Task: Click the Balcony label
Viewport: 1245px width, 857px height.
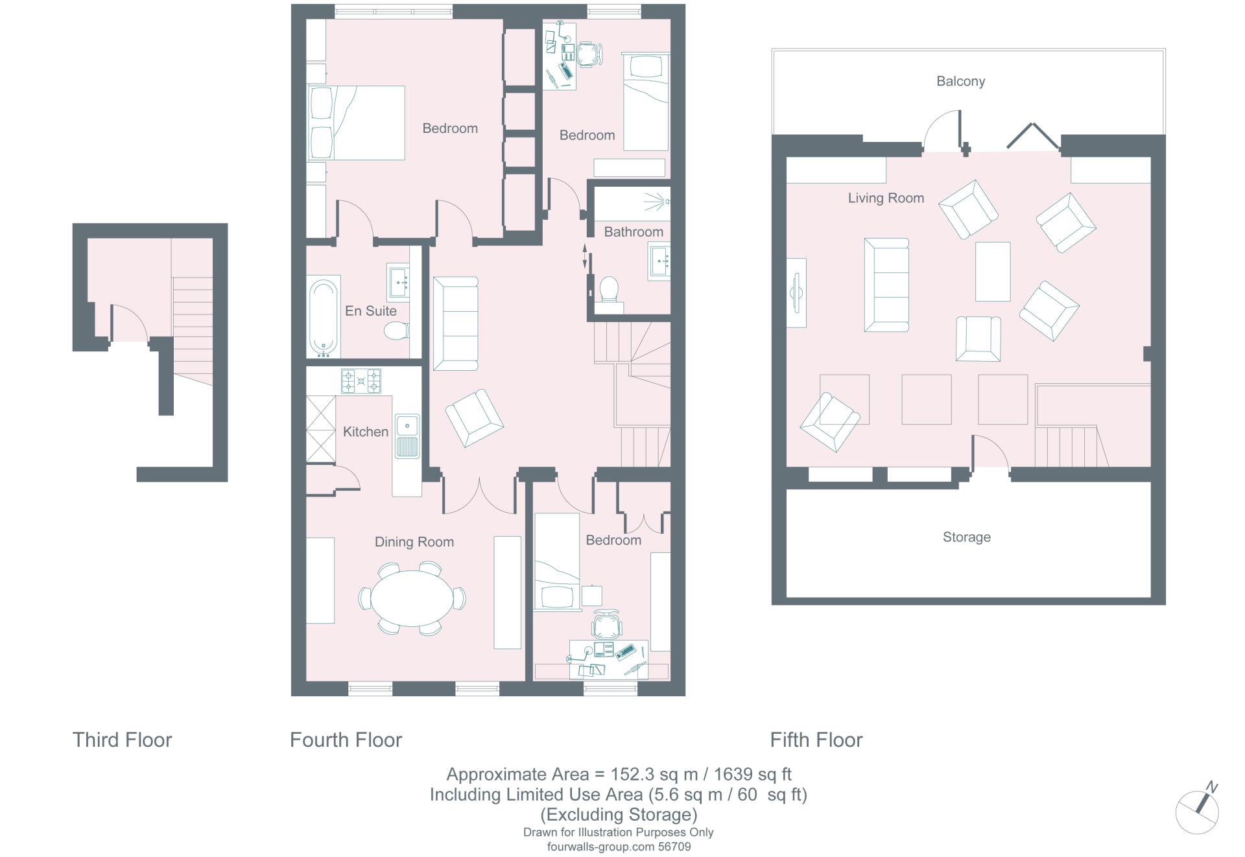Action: [960, 82]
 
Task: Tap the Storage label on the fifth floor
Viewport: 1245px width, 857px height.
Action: [966, 537]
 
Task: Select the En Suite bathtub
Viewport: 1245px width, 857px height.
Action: [323, 318]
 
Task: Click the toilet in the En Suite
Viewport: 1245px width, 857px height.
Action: [396, 332]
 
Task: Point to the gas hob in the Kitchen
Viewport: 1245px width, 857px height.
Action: [361, 381]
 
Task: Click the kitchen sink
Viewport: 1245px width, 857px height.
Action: [407, 436]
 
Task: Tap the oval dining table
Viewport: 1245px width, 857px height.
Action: [412, 598]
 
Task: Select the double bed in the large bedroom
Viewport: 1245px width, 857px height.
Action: [356, 123]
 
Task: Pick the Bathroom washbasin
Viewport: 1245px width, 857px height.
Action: [659, 261]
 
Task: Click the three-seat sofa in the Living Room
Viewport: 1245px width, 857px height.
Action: [886, 285]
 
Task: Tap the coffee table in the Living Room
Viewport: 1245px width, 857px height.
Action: [993, 272]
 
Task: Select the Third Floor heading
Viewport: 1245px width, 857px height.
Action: [122, 740]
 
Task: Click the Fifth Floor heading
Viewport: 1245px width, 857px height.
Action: [816, 740]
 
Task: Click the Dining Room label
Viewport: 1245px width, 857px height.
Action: [414, 542]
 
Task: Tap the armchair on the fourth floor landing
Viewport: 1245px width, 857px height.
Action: [475, 418]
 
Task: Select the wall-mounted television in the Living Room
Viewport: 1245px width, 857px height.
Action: [796, 292]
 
